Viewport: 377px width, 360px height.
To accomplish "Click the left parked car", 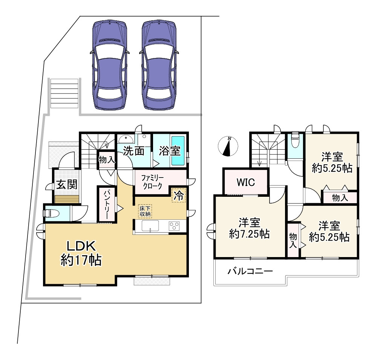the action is click(x=110, y=65).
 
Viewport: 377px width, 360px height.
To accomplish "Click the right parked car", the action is click(x=159, y=65).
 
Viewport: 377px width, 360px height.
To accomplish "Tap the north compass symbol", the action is click(x=228, y=146).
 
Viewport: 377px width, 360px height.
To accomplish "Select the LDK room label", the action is click(x=81, y=253).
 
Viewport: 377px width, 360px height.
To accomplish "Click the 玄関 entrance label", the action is click(x=67, y=185).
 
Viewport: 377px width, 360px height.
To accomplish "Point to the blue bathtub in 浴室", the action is click(x=178, y=151).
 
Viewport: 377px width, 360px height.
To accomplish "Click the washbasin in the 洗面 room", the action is click(x=126, y=139).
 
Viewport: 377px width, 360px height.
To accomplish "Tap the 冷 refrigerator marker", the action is click(x=179, y=195).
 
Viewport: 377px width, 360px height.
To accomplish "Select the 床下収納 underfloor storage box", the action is click(x=145, y=211).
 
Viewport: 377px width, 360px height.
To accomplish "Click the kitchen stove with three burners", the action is click(x=174, y=226).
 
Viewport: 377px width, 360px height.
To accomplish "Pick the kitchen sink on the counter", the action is click(x=150, y=226).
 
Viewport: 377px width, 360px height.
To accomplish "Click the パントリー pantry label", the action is click(x=106, y=204).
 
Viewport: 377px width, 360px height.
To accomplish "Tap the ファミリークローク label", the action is click(x=152, y=182).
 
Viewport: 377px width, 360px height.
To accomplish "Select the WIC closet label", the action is click(x=246, y=182).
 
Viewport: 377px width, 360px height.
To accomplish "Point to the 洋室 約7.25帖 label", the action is click(x=249, y=228).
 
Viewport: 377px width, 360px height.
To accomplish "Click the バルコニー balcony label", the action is click(x=250, y=271).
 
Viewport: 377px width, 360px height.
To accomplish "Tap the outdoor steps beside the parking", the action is click(x=64, y=93).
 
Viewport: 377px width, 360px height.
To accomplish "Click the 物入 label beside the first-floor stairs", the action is click(x=107, y=159).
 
